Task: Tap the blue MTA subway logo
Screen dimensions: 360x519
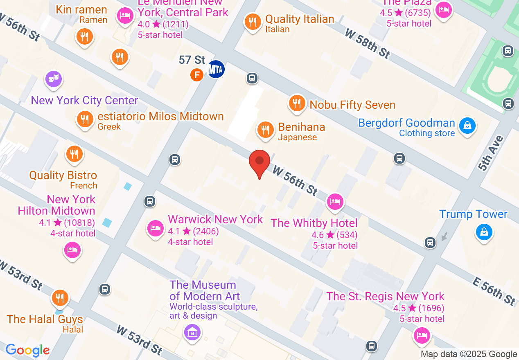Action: tap(216, 69)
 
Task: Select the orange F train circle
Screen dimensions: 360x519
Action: tap(197, 74)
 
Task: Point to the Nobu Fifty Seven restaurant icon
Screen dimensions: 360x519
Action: tap(297, 103)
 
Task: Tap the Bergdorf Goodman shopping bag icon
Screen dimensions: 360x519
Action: tap(467, 125)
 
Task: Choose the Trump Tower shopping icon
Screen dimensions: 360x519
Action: tap(484, 232)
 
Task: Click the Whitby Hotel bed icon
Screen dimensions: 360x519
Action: tap(335, 201)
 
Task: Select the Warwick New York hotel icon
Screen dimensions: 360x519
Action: tap(156, 227)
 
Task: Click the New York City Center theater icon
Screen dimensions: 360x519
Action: tap(53, 78)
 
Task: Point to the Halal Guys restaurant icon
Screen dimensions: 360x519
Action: tap(60, 298)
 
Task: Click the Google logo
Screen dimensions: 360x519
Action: tap(27, 350)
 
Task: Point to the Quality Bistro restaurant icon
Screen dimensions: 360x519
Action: tap(74, 154)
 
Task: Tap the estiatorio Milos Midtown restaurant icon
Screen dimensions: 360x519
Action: tap(85, 119)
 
